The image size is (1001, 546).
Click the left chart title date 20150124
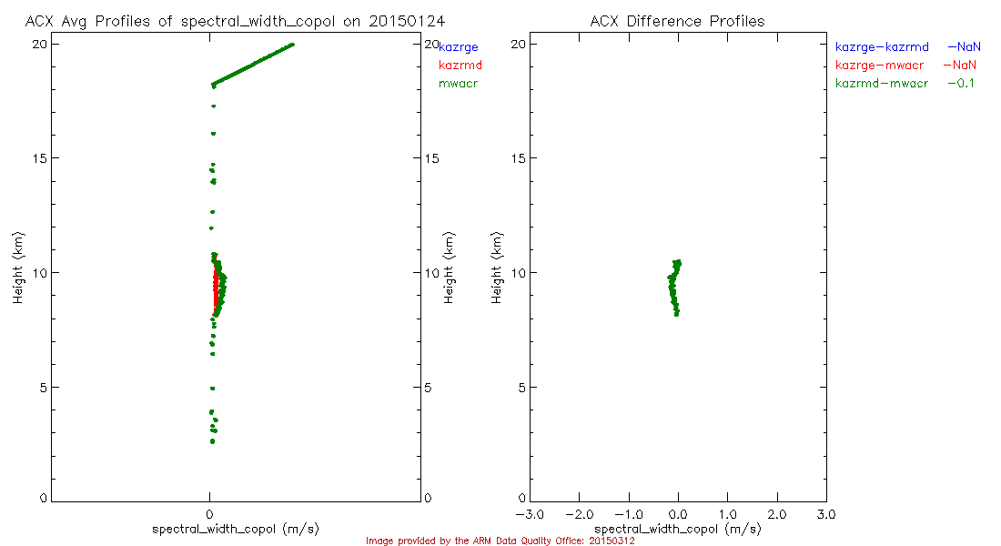coord(401,21)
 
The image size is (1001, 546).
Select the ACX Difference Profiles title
coord(677,21)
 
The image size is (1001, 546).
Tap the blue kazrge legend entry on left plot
coord(458,46)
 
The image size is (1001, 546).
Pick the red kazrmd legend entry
coord(460,65)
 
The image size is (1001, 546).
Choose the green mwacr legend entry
coord(458,83)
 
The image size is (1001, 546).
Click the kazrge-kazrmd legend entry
coord(882,46)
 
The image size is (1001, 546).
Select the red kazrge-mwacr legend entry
coord(882,65)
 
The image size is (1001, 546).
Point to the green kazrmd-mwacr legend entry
coord(882,83)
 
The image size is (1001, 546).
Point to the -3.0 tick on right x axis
coord(530,514)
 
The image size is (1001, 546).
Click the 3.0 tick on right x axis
coord(825,514)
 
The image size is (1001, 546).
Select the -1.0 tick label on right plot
coord(629,514)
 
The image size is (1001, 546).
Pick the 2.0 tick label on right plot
coord(776,514)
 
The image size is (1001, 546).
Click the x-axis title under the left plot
coord(235,529)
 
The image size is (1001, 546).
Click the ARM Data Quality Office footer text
coord(500,541)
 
